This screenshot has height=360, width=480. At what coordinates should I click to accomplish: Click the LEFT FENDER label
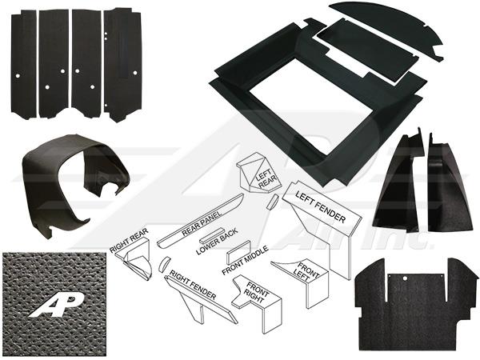tap(321, 207)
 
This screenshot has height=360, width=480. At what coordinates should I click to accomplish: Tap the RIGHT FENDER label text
tap(193, 285)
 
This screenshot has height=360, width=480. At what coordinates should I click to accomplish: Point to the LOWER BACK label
tap(217, 242)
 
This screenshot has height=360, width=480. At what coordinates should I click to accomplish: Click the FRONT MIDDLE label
tap(246, 260)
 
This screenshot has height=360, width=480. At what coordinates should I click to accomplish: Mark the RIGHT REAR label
tap(129, 241)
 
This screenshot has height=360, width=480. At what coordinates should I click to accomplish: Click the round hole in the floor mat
tap(404, 278)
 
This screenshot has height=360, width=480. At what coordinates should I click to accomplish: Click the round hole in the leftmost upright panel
tap(18, 75)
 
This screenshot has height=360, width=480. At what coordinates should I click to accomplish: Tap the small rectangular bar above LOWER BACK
tap(211, 234)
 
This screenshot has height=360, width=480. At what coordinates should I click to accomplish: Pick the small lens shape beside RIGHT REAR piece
tap(164, 264)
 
